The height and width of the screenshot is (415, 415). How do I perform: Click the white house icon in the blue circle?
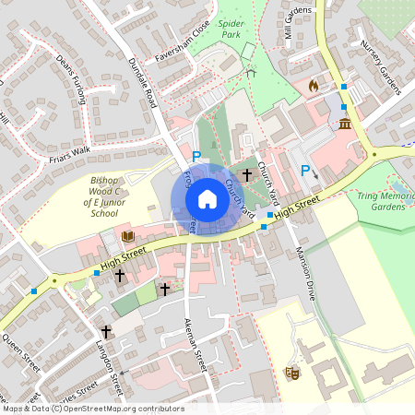[207, 198]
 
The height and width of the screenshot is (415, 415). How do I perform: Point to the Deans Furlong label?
[70, 82]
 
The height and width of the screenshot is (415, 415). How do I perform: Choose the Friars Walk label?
[69, 153]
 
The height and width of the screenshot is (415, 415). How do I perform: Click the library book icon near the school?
[127, 237]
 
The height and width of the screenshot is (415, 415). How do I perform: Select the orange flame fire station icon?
[314, 86]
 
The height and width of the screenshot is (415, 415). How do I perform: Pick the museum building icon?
[345, 123]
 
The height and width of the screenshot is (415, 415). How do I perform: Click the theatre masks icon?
[292, 372]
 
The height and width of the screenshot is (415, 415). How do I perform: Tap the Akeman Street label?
[195, 340]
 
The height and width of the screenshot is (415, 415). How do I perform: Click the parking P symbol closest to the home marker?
[196, 158]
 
